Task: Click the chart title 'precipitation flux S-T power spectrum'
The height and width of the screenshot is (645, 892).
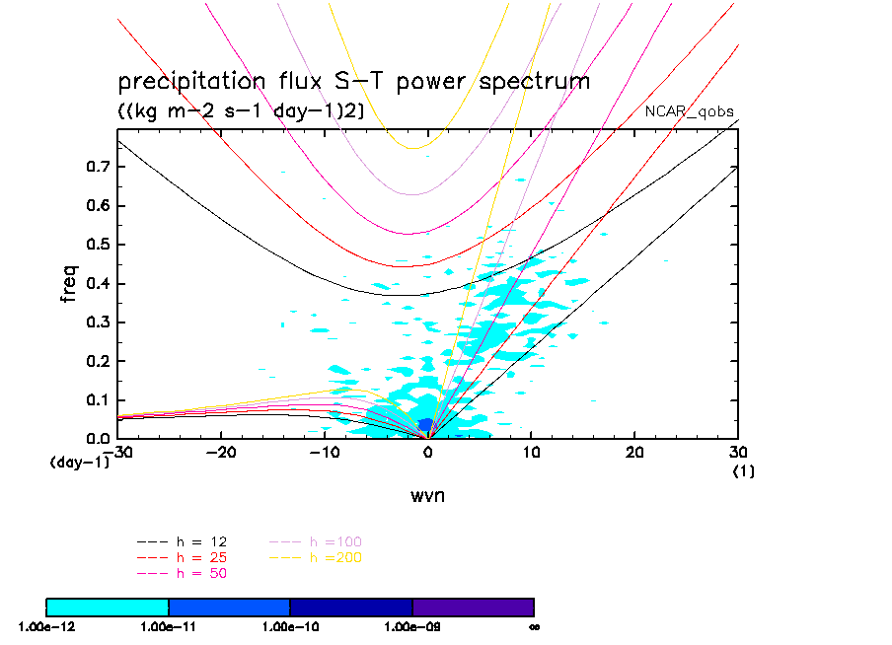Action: pyautogui.click(x=353, y=81)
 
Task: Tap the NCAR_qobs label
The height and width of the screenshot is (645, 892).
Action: pyautogui.click(x=690, y=110)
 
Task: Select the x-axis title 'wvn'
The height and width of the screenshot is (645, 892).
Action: pyautogui.click(x=427, y=495)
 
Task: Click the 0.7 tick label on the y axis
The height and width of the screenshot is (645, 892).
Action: pyautogui.click(x=97, y=167)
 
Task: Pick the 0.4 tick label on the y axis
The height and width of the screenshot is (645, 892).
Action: pyautogui.click(x=97, y=284)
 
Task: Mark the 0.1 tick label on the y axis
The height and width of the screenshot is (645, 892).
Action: pyautogui.click(x=97, y=400)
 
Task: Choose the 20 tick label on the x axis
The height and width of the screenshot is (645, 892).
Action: pyautogui.click(x=634, y=453)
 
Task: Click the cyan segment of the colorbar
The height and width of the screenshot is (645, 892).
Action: pyautogui.click(x=108, y=607)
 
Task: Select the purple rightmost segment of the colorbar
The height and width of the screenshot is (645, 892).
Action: pyautogui.click(x=473, y=607)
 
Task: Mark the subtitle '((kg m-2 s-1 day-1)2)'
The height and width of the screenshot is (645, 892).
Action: pyautogui.click(x=242, y=111)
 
